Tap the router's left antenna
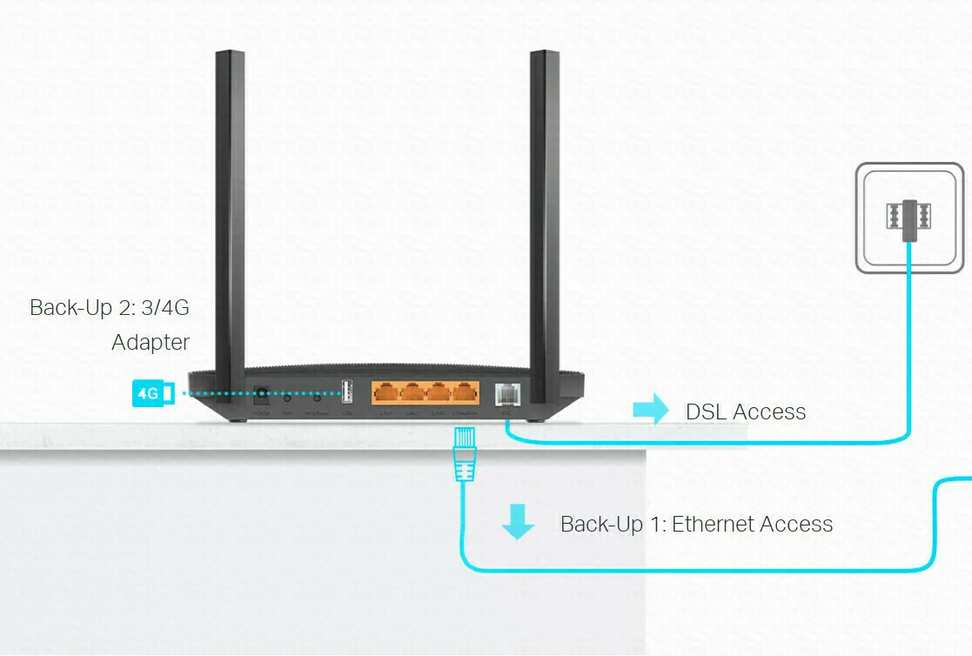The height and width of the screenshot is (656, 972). click(x=230, y=218)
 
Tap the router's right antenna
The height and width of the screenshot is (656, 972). click(x=544, y=218)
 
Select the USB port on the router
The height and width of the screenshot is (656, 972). click(x=347, y=393)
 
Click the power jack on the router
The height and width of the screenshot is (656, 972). click(x=260, y=396)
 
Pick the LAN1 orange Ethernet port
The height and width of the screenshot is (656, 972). click(x=385, y=393)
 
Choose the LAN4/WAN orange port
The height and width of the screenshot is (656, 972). click(x=466, y=393)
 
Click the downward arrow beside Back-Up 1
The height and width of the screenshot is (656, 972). click(x=518, y=522)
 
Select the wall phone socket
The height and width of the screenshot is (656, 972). click(x=908, y=218)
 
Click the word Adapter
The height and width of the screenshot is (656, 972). click(x=151, y=343)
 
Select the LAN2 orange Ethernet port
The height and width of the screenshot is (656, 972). click(x=412, y=393)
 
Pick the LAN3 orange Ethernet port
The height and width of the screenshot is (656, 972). click(x=439, y=393)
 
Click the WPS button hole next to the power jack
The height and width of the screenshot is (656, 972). click(x=287, y=398)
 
